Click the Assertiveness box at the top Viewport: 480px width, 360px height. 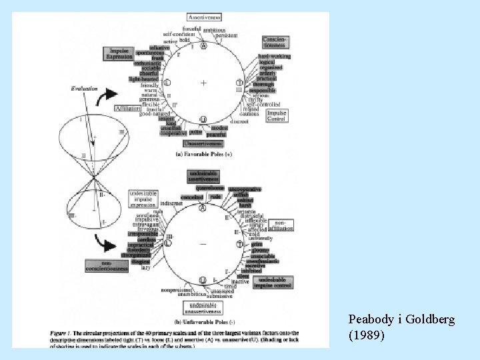(204, 15)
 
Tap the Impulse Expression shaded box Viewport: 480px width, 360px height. (119, 53)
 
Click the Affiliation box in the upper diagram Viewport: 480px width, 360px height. (127, 108)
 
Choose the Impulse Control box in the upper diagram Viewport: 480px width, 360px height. (277, 116)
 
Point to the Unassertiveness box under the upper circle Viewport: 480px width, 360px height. (203, 143)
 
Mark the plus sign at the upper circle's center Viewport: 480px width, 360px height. (203, 83)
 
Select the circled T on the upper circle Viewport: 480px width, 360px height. (239, 83)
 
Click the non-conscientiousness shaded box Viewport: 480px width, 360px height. (106, 267)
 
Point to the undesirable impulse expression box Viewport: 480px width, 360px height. (139, 198)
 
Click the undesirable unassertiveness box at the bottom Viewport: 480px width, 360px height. (204, 307)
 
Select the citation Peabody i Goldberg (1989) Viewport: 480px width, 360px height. (401, 327)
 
